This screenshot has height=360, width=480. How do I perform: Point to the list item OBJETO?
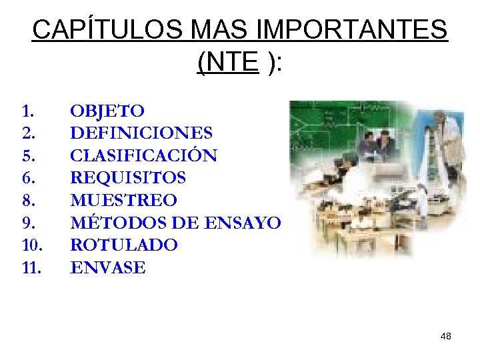point(107,110)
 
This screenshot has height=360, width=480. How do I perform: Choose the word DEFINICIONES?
point(141,133)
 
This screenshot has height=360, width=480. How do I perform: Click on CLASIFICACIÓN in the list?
point(143,155)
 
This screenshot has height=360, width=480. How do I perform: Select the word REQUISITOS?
point(128,178)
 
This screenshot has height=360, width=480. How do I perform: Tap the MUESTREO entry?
point(123,200)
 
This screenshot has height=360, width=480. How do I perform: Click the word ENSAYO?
point(245,223)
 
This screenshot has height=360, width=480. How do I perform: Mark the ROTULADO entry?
point(124,245)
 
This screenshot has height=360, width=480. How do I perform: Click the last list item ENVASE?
point(107,268)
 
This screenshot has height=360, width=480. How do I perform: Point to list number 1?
point(27,110)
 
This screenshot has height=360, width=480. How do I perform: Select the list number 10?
point(31,245)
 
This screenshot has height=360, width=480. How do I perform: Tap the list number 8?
point(28,200)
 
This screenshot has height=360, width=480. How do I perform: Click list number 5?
point(28,155)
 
